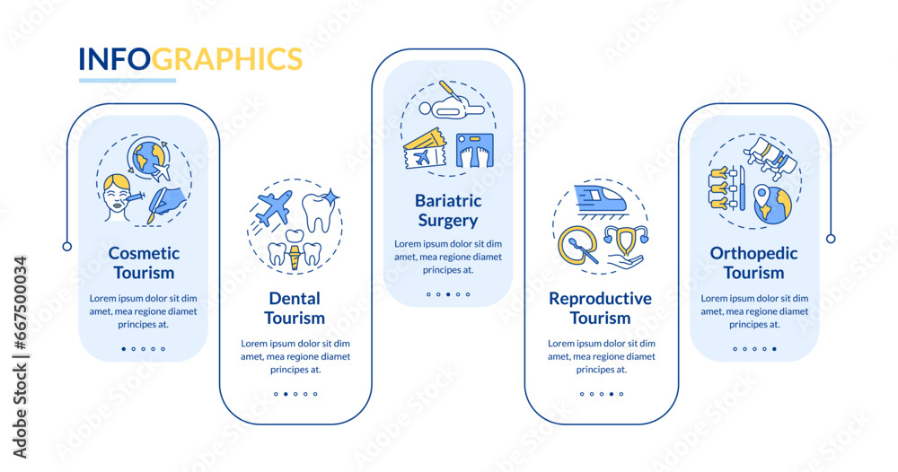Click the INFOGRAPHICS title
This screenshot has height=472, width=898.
pos(190,58)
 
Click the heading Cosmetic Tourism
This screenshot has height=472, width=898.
pos(144,263)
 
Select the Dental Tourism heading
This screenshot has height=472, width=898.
pos(295,308)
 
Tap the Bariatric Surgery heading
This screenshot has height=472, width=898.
pos(447,210)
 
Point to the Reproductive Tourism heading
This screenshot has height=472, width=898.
pos(601,308)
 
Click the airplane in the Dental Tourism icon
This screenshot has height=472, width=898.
pos(273,207)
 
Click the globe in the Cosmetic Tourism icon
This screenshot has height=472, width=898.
pos(149,158)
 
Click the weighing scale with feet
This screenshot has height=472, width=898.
pos(473,151)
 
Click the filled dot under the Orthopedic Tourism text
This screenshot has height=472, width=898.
pos(774,348)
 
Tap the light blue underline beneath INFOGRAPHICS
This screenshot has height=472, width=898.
pos(127,81)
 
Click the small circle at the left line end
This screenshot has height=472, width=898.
pos(67,246)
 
